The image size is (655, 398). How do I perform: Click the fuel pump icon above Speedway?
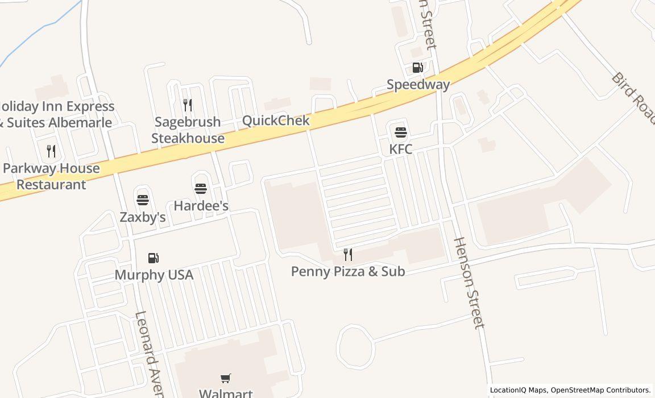417,68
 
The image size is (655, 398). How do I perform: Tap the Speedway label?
418,85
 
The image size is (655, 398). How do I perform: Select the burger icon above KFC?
401,133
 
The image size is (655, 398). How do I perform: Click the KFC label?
401,149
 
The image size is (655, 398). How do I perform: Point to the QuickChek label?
276,121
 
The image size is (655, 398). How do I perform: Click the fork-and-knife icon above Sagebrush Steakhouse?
188,105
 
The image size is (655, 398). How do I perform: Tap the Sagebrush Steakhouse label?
188,130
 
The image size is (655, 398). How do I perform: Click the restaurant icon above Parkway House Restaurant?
51,151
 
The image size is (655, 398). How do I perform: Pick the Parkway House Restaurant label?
51,176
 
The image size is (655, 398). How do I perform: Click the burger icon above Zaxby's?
142,200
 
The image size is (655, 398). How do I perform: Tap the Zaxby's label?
142,217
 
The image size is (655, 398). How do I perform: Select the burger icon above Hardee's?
201,189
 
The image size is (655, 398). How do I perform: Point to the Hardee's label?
201,205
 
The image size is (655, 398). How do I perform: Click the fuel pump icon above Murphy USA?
154,259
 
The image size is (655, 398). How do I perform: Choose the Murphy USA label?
154,275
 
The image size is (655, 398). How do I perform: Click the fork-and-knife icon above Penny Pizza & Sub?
348,255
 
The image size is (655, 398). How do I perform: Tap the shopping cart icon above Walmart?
226,378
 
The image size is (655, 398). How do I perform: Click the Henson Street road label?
469,283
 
